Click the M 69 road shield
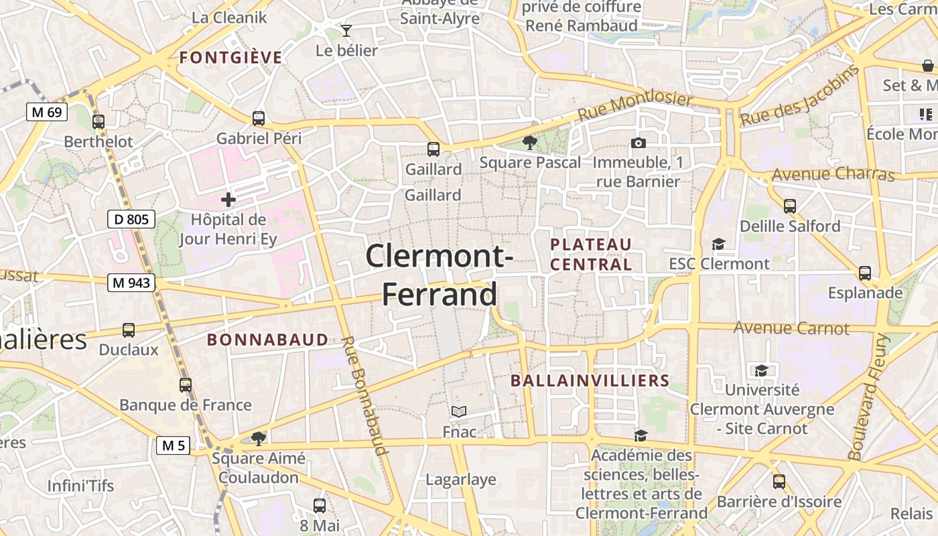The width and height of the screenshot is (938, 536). (47, 112)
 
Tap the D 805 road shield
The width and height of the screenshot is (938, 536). (131, 219)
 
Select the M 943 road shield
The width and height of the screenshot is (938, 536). (131, 283)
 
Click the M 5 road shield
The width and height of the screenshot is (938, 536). (173, 445)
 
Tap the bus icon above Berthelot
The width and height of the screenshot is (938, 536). (98, 122)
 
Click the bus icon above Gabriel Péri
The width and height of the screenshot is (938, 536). (259, 119)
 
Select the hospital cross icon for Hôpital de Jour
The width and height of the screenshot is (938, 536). (228, 200)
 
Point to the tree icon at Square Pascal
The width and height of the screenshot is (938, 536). (530, 142)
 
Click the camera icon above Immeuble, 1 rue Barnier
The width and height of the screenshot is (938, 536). (639, 143)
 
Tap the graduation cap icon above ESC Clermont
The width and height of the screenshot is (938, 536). (719, 244)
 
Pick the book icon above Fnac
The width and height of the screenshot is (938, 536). (459, 411)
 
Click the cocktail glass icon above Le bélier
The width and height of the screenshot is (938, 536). (346, 31)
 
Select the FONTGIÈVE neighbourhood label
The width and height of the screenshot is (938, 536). (230, 58)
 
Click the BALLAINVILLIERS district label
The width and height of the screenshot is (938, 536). (590, 381)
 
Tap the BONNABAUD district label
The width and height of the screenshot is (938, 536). (267, 340)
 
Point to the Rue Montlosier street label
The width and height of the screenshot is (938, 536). (634, 107)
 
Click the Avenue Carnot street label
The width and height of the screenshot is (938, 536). (791, 328)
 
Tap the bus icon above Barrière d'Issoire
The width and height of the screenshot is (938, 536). (779, 481)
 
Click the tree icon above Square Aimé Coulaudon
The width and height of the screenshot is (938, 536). (258, 439)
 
